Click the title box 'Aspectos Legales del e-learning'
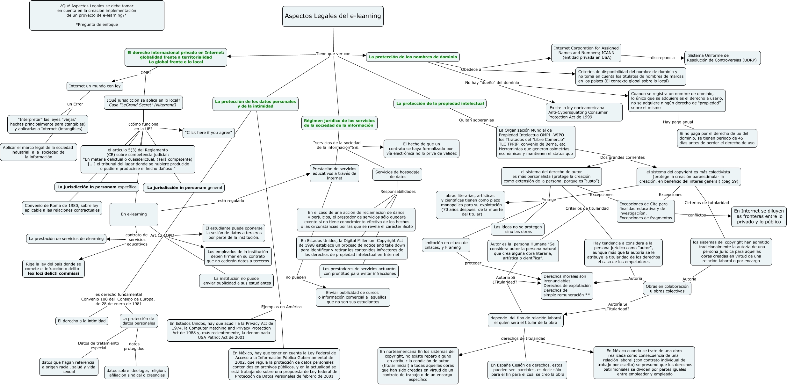(333, 16)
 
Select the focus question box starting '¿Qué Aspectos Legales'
(97, 15)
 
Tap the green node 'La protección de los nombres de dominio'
(413, 57)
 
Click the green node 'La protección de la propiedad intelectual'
(440, 104)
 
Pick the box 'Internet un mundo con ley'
(95, 86)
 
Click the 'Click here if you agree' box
(209, 133)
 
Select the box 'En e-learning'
(134, 214)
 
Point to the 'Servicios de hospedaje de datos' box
(397, 174)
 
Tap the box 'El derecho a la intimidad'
(82, 321)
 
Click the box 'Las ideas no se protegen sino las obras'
(518, 229)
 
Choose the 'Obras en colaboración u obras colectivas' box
(667, 289)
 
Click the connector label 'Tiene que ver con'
(333, 54)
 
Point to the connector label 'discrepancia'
(663, 58)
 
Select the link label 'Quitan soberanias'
(476, 120)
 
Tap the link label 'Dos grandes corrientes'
(622, 157)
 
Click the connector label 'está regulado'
(231, 201)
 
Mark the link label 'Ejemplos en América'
(281, 307)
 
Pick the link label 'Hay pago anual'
(678, 122)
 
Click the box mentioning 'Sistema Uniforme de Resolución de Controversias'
(722, 58)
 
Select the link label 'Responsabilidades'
(398, 192)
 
